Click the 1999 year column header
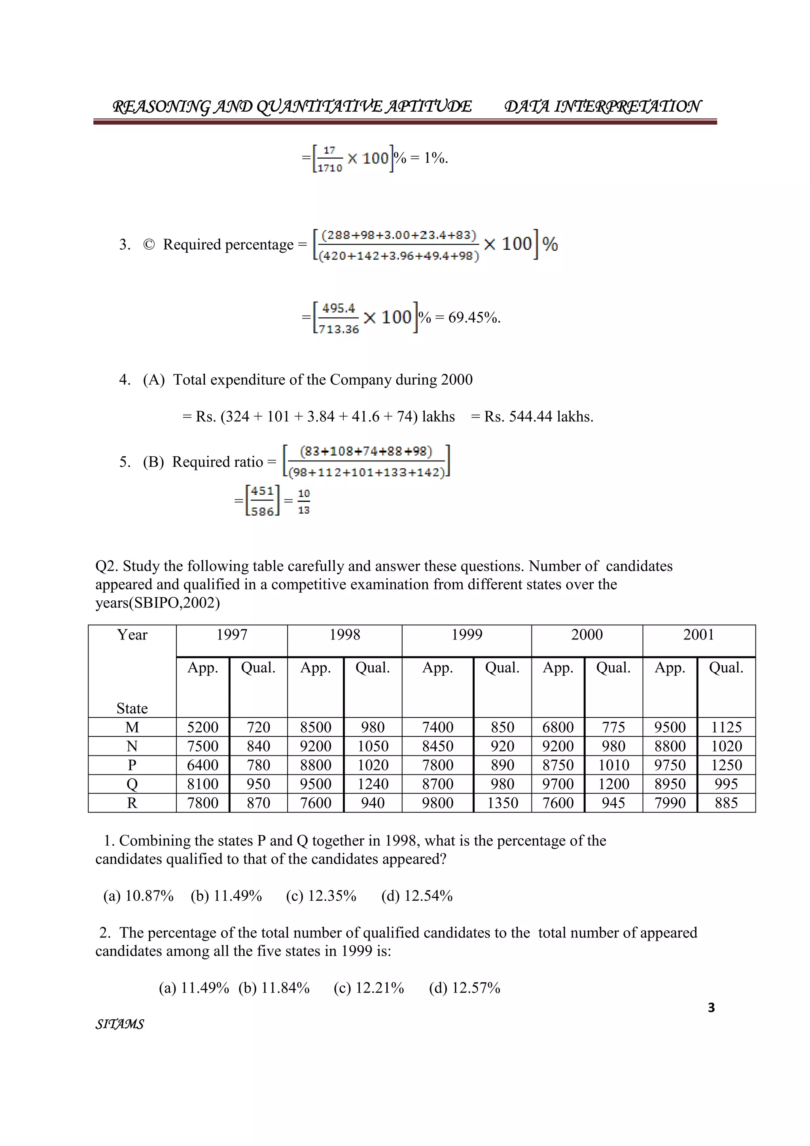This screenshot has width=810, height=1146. tap(466, 634)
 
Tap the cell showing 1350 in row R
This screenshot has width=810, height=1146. tap(502, 803)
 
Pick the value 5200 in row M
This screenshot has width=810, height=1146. tap(202, 727)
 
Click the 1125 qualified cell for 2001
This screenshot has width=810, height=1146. tap(726, 727)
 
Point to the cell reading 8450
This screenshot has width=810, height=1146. tap(437, 746)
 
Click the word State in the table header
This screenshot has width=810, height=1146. tap(132, 708)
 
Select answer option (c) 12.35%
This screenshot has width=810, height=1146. tap(321, 896)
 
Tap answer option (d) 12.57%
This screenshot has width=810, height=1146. tap(464, 988)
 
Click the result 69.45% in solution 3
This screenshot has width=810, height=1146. tap(474, 317)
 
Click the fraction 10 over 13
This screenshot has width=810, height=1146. tap(304, 501)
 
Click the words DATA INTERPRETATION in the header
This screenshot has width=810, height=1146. tap(602, 106)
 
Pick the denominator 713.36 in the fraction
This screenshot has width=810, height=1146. tap(339, 329)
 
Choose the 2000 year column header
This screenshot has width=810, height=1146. tap(587, 634)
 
